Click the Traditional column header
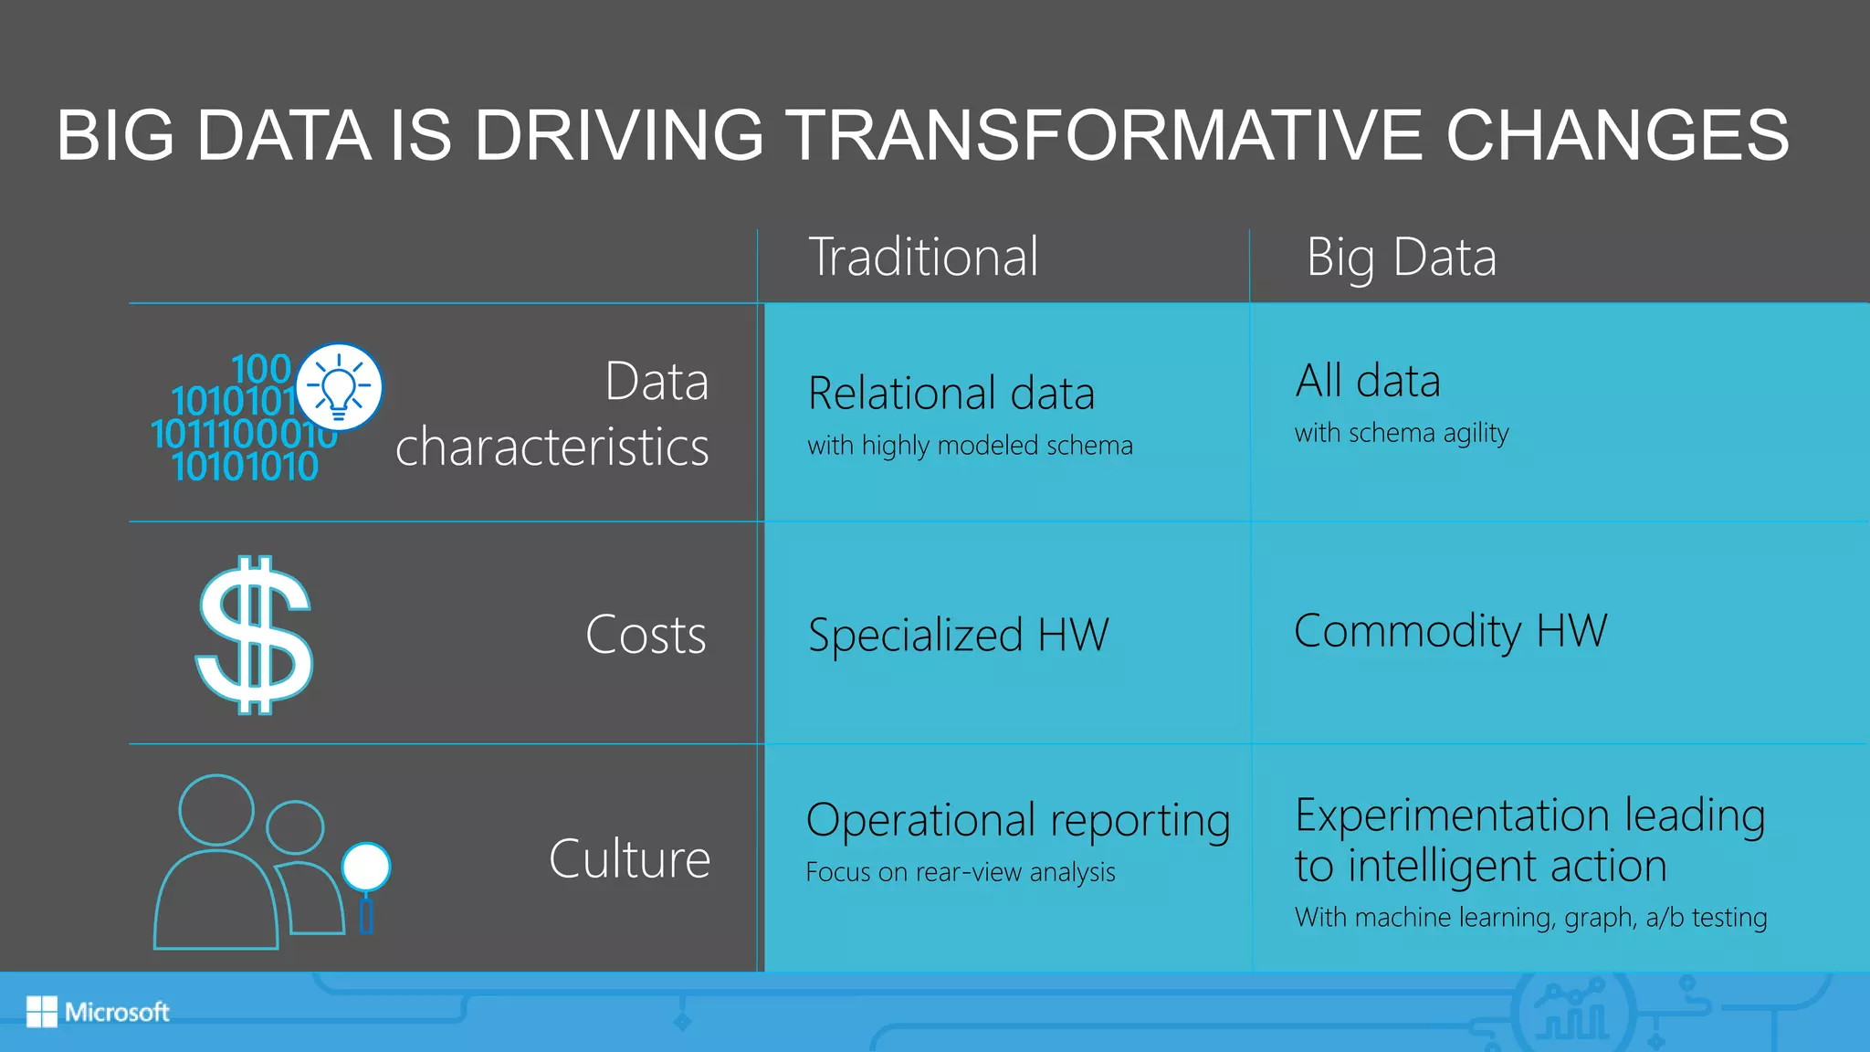(923, 257)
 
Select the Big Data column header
(1401, 257)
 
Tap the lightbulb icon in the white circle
(339, 387)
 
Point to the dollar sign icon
(254, 635)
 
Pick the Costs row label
(646, 635)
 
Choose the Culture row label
(629, 858)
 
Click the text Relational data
(951, 394)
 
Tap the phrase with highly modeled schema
(970, 446)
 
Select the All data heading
(1367, 381)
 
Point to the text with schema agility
(1401, 433)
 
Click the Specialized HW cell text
(958, 635)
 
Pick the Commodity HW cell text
(1450, 631)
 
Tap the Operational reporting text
(1017, 820)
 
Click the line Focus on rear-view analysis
(960, 872)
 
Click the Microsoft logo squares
(41, 1012)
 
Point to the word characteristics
(552, 447)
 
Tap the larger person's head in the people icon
(216, 810)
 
